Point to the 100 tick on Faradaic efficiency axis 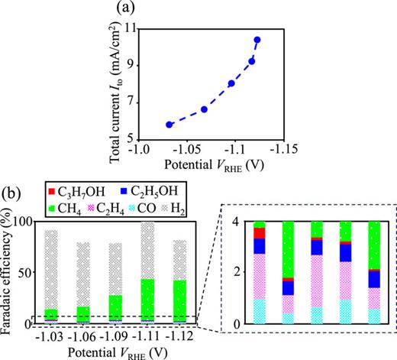pyautogui.click(x=26, y=222)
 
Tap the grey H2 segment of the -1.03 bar pyautogui.click(x=51, y=268)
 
